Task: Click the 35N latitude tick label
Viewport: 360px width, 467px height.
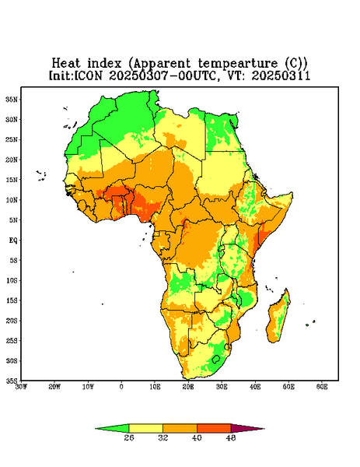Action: click(12, 99)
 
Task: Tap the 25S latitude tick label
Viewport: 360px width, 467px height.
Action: click(12, 340)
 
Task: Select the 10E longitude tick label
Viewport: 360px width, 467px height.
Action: click(155, 387)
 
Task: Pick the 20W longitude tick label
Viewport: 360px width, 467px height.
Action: click(54, 387)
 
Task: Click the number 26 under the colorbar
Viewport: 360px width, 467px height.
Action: click(129, 437)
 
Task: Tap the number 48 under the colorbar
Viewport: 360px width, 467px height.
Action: click(231, 437)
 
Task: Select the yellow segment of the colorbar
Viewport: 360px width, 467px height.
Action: click(145, 428)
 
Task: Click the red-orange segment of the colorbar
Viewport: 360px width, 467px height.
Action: click(214, 428)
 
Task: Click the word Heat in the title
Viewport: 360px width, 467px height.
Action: click(66, 64)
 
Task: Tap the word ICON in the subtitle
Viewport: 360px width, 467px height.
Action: click(89, 75)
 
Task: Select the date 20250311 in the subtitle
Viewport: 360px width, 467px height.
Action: click(281, 75)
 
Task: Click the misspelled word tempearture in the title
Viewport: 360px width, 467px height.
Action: click(238, 64)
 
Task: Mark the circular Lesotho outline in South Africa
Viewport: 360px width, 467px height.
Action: click(215, 359)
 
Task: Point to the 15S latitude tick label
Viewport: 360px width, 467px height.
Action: click(12, 300)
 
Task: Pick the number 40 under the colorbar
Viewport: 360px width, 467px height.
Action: click(197, 437)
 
